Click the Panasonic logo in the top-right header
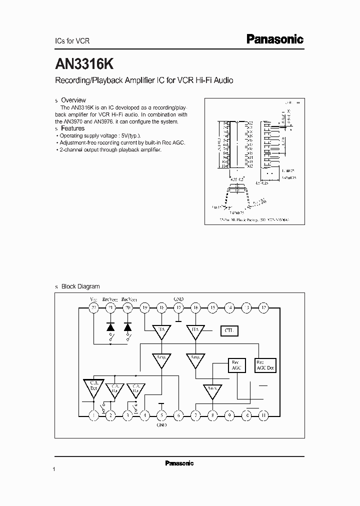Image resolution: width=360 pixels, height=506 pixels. pos(275,39)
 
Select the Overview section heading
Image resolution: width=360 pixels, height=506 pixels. pos(73,100)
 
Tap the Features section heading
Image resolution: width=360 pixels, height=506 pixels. pos(73,128)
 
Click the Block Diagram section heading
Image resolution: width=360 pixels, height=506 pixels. pos(80,286)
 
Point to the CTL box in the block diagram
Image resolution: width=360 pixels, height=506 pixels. pos(229,330)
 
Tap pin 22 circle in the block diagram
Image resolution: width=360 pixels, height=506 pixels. pos(93,308)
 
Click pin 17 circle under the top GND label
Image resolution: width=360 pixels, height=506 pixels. pos(178,308)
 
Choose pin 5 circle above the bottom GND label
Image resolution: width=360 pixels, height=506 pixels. pos(161,414)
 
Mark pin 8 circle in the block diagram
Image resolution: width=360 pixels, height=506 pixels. pos(212,414)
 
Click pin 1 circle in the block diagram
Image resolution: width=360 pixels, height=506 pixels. pos(93,414)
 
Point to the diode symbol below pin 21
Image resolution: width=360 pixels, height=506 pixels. pos(110,326)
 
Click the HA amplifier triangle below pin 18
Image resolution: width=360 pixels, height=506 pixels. pos(161,330)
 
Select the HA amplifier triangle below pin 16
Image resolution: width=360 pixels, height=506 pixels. pos(195,330)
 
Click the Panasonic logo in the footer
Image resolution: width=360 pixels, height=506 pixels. pos(179,463)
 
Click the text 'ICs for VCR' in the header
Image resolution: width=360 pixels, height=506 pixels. pos(71,41)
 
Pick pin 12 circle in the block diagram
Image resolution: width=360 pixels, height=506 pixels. pos(263,308)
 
